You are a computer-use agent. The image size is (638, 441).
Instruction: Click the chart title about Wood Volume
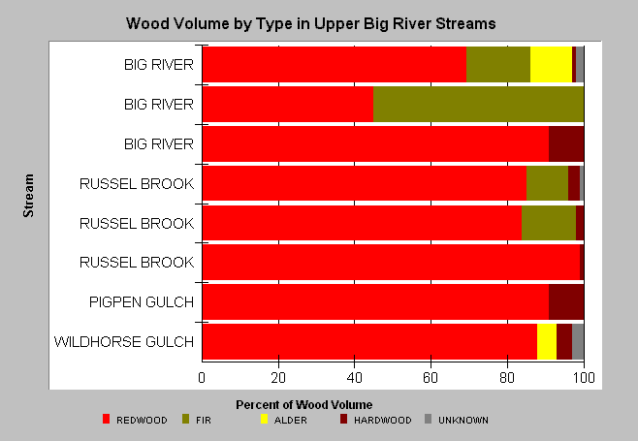311,23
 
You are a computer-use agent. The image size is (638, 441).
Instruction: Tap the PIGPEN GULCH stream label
142,302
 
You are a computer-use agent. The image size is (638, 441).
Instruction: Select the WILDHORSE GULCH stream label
124,342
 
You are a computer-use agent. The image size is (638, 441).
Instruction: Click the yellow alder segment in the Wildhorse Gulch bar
547,342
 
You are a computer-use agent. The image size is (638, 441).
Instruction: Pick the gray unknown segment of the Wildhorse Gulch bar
578,342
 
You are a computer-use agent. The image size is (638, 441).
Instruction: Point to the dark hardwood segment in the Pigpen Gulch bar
566,301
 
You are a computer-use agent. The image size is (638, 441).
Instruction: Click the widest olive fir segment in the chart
479,104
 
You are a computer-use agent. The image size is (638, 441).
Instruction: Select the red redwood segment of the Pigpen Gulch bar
375,301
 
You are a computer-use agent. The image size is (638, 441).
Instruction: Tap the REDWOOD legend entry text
142,421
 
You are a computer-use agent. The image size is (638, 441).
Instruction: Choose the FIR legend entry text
204,421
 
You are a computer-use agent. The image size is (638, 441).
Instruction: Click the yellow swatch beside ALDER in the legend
264,419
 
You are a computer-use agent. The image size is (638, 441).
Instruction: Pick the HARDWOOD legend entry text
382,421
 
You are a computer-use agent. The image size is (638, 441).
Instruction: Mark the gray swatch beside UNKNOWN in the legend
428,419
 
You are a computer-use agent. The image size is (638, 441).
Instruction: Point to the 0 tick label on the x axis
202,378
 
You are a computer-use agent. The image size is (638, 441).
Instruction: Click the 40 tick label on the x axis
355,378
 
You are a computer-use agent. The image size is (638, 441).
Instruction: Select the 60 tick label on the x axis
431,378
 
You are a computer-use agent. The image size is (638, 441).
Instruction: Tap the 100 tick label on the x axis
584,378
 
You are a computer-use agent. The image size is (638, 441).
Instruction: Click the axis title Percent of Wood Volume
303,405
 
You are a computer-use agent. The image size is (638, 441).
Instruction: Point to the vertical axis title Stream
28,196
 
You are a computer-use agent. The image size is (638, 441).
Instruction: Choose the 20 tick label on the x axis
278,378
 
